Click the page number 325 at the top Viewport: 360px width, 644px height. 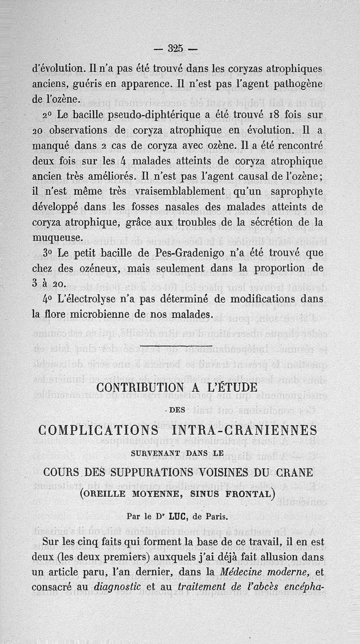pyautogui.click(x=174, y=48)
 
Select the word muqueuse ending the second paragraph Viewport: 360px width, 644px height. pyautogui.click(x=58, y=237)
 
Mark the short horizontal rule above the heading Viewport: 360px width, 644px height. pyautogui.click(x=167, y=345)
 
